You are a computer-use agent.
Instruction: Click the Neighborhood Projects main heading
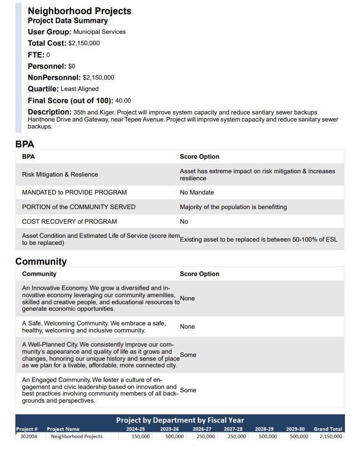tap(80, 11)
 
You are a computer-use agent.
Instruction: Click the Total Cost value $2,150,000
tap(84, 43)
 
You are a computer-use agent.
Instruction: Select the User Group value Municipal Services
tap(99, 32)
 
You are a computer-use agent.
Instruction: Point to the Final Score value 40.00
tap(123, 101)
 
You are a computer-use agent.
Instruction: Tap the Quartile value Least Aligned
tap(80, 89)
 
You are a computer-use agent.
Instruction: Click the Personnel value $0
tap(72, 66)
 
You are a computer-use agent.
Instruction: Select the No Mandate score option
tap(197, 193)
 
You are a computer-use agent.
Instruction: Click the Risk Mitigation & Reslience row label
tap(60, 175)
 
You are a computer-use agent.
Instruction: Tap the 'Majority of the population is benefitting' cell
tap(233, 207)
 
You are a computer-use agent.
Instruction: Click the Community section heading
tap(41, 261)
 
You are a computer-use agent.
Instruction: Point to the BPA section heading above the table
tap(24, 145)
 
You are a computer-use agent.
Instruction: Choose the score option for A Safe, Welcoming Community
tap(187, 327)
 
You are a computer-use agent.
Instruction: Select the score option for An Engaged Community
tap(188, 390)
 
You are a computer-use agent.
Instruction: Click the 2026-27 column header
tap(202, 429)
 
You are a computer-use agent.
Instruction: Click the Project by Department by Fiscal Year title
tap(180, 420)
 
